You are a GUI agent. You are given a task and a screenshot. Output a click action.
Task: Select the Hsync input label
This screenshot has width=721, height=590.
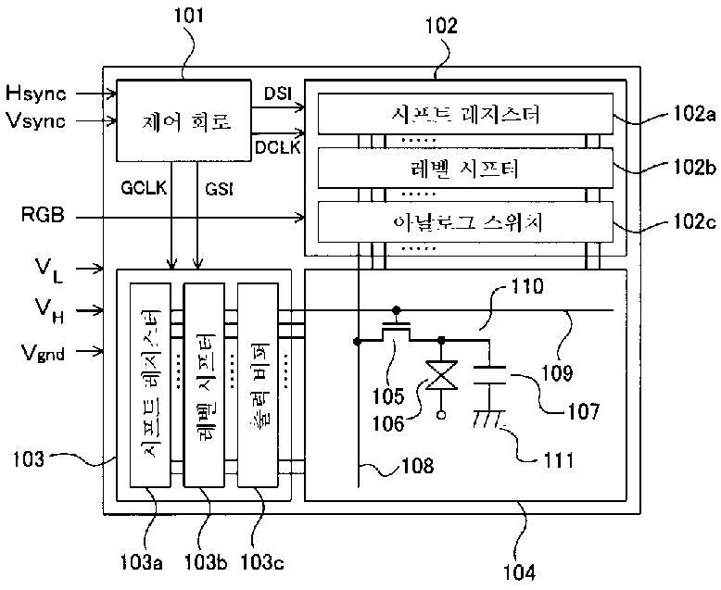[35, 92]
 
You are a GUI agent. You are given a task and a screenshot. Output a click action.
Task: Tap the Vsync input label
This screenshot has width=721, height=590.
[35, 120]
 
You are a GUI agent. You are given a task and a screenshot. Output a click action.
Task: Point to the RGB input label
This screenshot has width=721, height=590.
[43, 217]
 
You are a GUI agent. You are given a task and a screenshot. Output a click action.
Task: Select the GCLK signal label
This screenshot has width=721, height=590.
[143, 188]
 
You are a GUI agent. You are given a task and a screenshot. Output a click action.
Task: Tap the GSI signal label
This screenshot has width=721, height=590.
[219, 188]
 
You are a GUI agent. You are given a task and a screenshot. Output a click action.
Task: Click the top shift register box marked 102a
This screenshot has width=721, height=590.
[465, 115]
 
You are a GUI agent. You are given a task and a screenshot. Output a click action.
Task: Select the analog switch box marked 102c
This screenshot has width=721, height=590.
[465, 222]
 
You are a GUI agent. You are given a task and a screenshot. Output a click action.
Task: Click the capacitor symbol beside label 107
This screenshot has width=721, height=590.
[491, 374]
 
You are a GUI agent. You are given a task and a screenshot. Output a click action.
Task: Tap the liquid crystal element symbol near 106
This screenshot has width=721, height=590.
[440, 380]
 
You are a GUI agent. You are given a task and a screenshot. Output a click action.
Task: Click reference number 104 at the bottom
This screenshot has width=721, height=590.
[518, 571]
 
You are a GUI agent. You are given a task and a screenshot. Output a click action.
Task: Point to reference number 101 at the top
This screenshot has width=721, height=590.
[186, 17]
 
